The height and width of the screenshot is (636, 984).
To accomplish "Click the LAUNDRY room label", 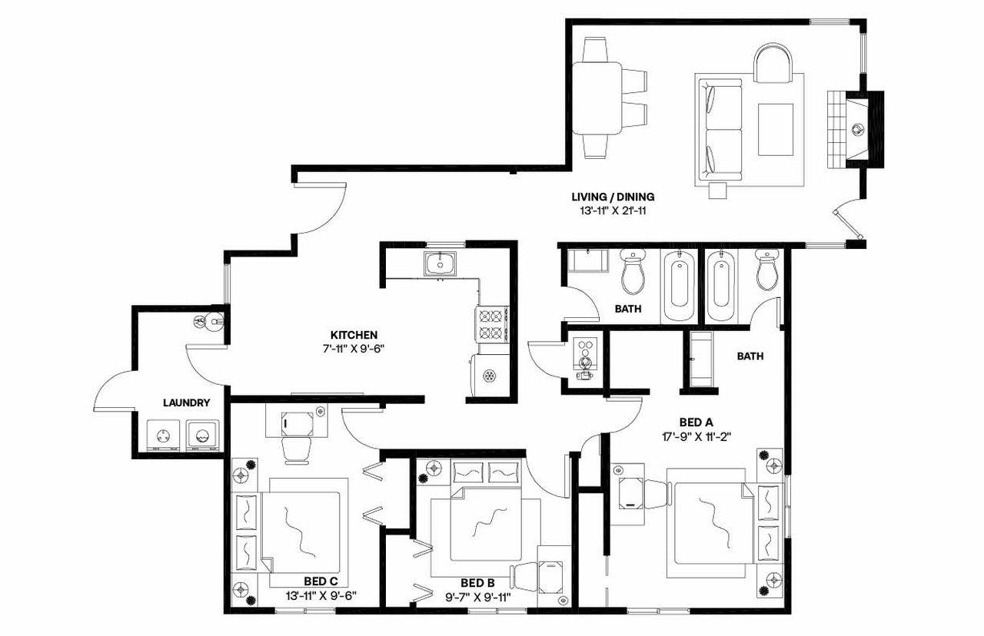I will pyautogui.click(x=186, y=402).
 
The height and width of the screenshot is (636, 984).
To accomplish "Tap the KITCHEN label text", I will pyautogui.click(x=354, y=335).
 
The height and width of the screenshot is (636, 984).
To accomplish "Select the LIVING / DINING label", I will pyautogui.click(x=613, y=197).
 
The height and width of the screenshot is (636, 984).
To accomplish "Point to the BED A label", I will pyautogui.click(x=696, y=422).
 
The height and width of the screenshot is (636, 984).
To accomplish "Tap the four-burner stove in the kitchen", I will pyautogui.click(x=492, y=323).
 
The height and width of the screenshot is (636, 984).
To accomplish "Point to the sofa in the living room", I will pyautogui.click(x=719, y=129).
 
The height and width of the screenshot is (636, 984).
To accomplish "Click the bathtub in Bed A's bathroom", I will pyautogui.click(x=721, y=286).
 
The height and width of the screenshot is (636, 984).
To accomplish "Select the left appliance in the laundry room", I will pyautogui.click(x=163, y=435).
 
